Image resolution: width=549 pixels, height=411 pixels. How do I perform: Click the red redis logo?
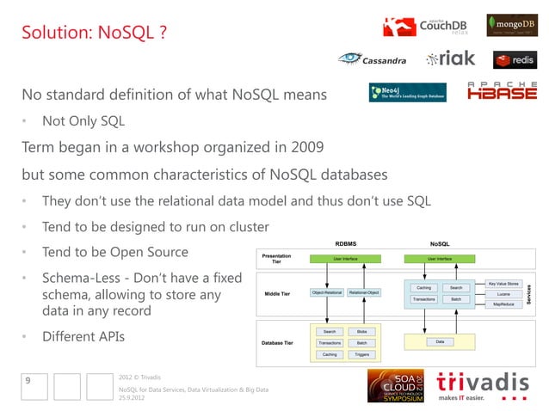click(514, 59)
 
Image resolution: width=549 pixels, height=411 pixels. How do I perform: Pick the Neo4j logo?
click(407, 93)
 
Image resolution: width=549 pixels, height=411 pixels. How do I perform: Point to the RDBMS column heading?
click(345, 244)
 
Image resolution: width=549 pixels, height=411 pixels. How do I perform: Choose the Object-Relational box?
click(327, 293)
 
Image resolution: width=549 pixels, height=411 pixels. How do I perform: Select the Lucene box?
click(503, 293)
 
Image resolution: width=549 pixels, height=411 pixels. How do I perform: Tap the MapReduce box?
click(503, 304)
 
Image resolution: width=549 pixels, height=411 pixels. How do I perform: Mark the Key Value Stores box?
click(503, 282)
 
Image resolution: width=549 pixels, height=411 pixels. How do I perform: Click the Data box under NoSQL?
click(440, 342)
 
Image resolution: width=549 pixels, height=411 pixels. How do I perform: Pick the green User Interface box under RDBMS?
click(345, 258)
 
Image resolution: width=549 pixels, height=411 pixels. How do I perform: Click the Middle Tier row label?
click(275, 293)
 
